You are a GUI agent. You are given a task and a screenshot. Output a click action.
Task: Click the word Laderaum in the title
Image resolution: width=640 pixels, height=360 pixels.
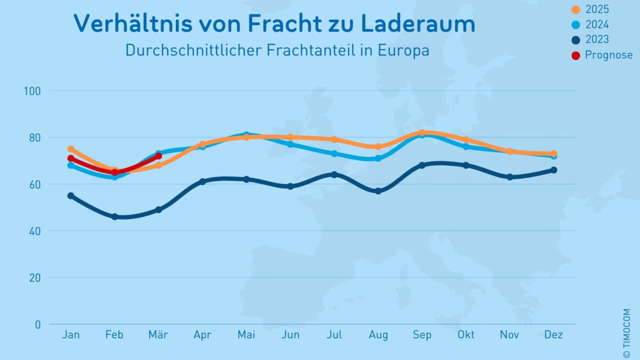(418, 24)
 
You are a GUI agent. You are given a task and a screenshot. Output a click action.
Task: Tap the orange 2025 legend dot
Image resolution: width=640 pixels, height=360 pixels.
(575, 10)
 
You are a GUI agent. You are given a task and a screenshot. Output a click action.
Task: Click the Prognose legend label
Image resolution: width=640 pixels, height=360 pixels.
(609, 55)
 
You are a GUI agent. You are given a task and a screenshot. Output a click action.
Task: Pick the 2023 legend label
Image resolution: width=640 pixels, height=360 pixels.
(597, 39)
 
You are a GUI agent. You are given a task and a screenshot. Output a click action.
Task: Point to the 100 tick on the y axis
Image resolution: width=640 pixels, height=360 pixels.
(33, 91)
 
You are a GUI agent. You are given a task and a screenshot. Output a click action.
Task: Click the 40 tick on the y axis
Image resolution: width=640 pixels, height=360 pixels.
(35, 231)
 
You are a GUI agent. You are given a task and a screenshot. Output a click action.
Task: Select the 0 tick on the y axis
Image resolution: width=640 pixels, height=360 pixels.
(38, 324)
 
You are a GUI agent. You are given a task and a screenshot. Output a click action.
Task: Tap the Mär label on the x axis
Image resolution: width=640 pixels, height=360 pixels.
(158, 335)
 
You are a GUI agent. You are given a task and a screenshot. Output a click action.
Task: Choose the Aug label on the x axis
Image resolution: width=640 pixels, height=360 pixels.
(378, 335)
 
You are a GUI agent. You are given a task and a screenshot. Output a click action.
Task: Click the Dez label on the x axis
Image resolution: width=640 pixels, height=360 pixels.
(554, 335)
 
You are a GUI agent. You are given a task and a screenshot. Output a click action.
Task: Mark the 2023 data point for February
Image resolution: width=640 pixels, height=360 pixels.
(115, 217)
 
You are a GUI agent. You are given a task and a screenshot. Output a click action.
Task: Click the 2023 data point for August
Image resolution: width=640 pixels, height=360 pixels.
(378, 191)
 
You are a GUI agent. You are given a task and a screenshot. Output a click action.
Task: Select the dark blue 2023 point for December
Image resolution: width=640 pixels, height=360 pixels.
(554, 170)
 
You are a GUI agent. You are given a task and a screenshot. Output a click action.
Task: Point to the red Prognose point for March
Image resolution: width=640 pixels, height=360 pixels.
(158, 156)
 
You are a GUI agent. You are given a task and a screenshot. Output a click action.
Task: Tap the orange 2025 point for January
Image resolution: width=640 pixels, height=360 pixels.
(71, 149)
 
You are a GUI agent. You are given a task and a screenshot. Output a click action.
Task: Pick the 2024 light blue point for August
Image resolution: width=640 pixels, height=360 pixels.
(378, 158)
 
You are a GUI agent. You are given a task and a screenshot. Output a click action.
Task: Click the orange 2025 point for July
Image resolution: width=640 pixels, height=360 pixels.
(334, 140)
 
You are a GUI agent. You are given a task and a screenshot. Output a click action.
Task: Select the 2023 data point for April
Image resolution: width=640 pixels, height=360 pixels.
(203, 182)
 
